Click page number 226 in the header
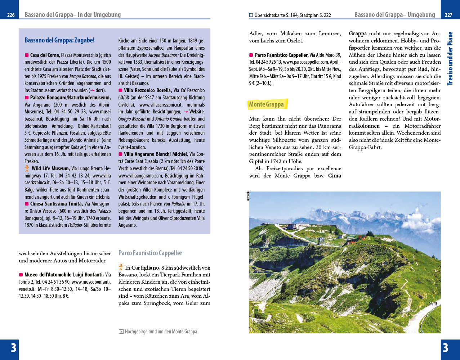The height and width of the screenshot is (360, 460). pyautogui.click(x=11, y=15)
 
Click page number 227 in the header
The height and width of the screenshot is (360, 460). pyautogui.click(x=448, y=15)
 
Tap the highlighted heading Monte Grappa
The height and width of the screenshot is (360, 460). pyautogui.click(x=267, y=104)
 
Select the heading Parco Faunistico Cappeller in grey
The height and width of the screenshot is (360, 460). pyautogui.click(x=150, y=253)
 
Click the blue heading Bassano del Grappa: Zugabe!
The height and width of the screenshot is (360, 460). pyautogui.click(x=59, y=40)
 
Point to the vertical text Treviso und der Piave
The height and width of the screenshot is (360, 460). pyautogui.click(x=450, y=59)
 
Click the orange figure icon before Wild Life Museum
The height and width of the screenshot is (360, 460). pyautogui.click(x=27, y=168)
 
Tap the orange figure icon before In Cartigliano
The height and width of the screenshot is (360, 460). pyautogui.click(x=121, y=267)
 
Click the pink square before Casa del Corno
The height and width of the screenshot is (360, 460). pyautogui.click(x=27, y=55)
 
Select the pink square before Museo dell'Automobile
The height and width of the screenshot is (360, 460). pyautogui.click(x=21, y=275)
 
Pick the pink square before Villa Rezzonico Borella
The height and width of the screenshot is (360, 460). pyautogui.click(x=120, y=90)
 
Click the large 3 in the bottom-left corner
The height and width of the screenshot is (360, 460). pyautogui.click(x=13, y=348)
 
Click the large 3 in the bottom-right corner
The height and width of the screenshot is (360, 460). pyautogui.click(x=446, y=348)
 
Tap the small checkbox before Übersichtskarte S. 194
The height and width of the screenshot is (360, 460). pyautogui.click(x=251, y=15)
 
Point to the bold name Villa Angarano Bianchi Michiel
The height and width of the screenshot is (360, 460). pyautogui.click(x=156, y=154)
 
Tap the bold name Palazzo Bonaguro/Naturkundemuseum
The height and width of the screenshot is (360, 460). pyautogui.click(x=71, y=98)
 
